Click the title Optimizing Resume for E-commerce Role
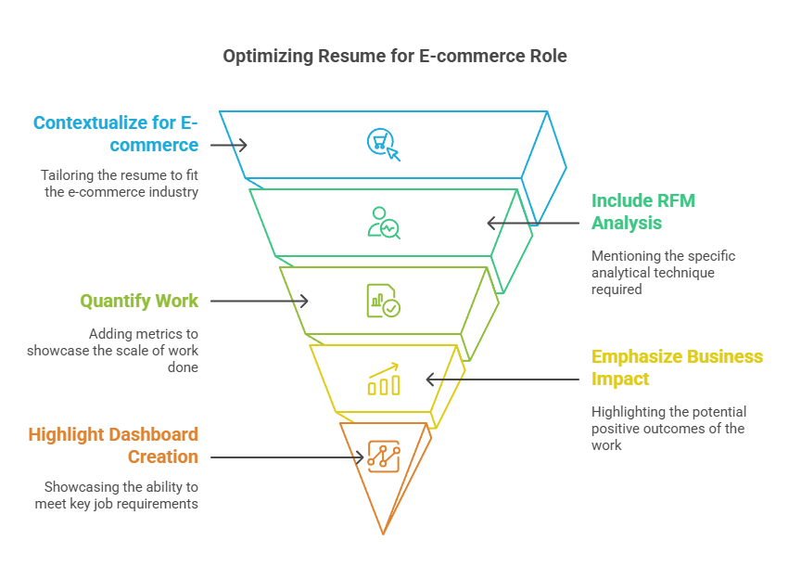(x=394, y=57)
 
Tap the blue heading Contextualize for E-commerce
(x=116, y=134)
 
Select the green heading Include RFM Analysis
(x=643, y=212)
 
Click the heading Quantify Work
(x=139, y=301)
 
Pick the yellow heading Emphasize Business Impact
(x=677, y=367)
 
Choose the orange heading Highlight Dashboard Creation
(x=113, y=445)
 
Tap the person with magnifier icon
(x=383, y=223)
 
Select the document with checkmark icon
(x=383, y=301)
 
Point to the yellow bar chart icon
(x=383, y=380)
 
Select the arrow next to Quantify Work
(x=261, y=301)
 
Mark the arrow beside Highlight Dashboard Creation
(x=288, y=457)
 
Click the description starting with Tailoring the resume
(x=119, y=184)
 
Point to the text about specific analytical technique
(x=663, y=272)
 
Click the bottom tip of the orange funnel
(x=383, y=533)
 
